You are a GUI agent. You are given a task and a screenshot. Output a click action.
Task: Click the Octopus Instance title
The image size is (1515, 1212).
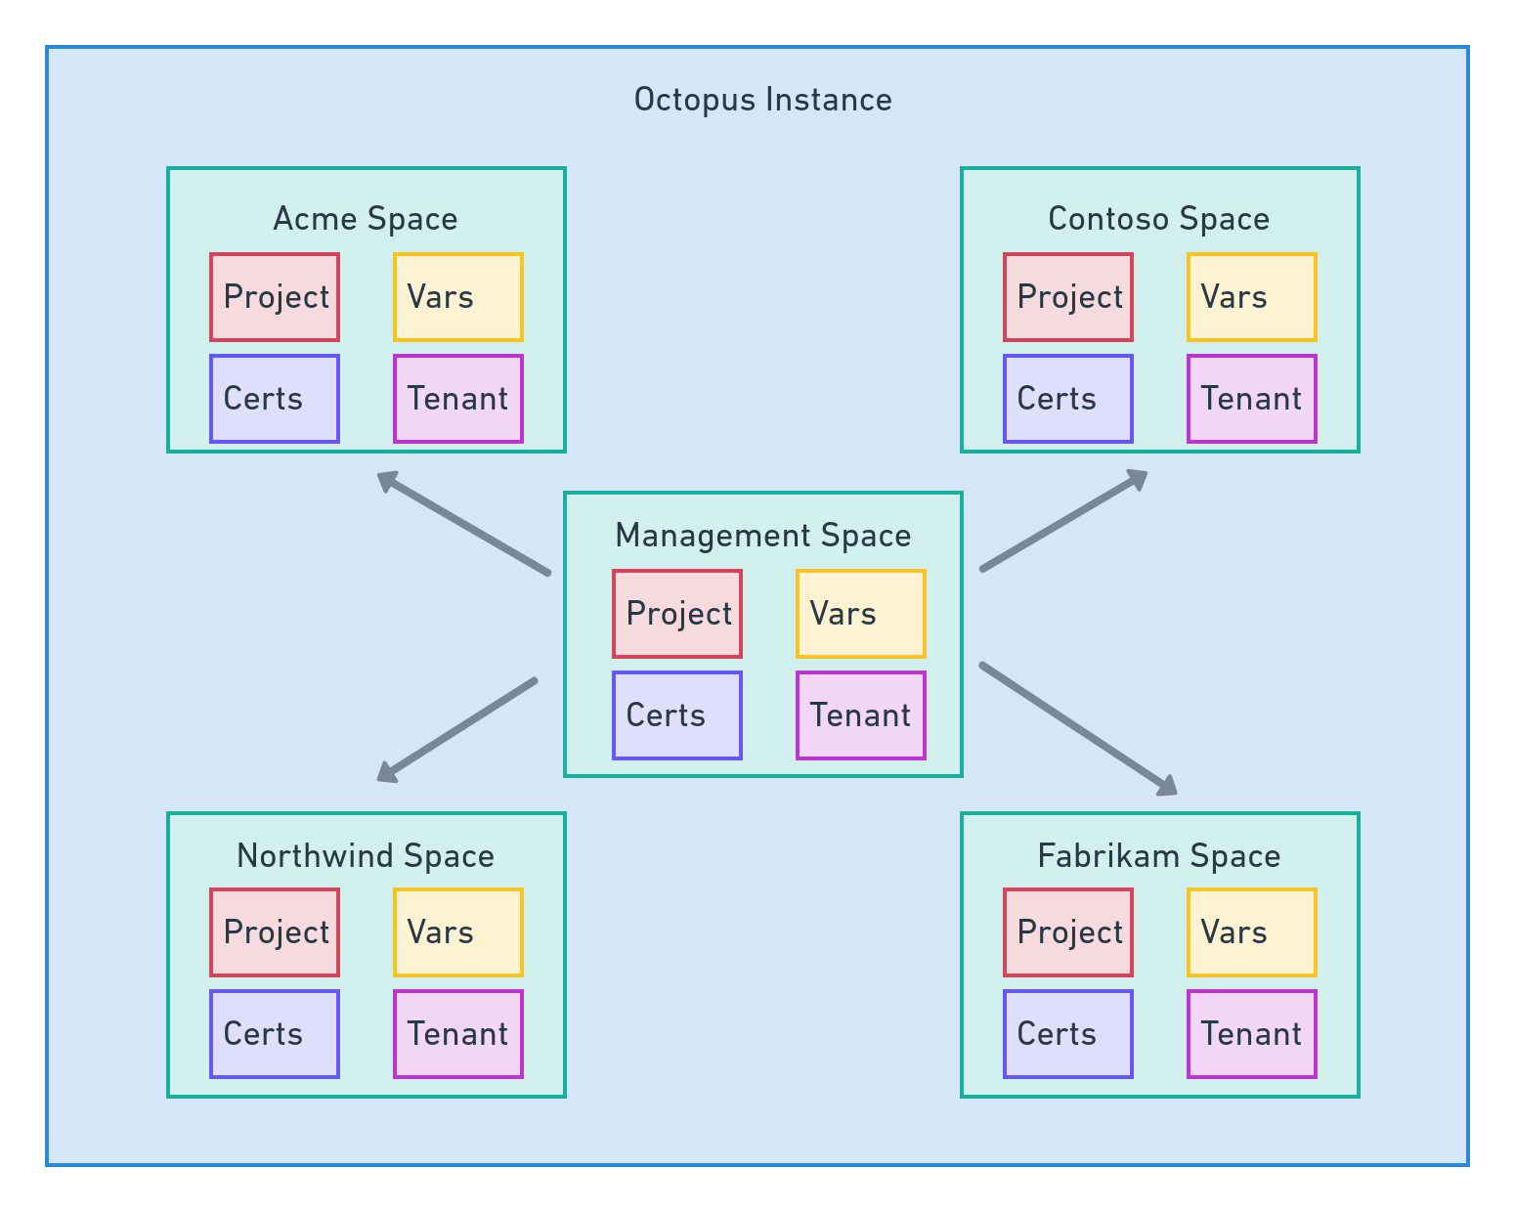pyautogui.click(x=762, y=100)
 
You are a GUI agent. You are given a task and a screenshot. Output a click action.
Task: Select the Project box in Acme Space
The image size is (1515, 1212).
pyautogui.click(x=275, y=297)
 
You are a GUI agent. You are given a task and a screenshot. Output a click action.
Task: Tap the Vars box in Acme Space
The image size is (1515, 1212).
pyautogui.click(x=458, y=297)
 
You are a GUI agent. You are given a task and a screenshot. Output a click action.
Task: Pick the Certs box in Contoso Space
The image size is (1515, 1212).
pyautogui.click(x=1068, y=399)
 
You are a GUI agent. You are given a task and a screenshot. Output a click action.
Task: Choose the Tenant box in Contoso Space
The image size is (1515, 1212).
pyautogui.click(x=1252, y=399)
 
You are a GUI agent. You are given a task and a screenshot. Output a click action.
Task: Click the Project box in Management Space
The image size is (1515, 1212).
pyautogui.click(x=677, y=614)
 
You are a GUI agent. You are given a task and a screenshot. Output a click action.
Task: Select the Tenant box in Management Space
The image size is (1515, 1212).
pyautogui.click(x=861, y=715)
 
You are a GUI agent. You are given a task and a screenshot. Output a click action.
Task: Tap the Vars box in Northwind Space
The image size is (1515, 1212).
pyautogui.click(x=458, y=932)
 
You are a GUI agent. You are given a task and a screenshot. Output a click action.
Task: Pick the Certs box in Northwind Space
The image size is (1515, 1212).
pyautogui.click(x=275, y=1034)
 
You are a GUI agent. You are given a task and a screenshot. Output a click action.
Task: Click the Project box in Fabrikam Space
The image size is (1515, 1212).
pyautogui.click(x=1068, y=932)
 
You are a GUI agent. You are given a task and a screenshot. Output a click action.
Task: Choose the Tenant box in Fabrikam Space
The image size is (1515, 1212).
pyautogui.click(x=1252, y=1034)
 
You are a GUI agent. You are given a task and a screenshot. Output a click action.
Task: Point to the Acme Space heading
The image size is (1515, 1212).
pyautogui.click(x=366, y=219)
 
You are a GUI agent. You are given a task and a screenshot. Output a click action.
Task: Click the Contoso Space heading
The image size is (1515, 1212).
pyautogui.click(x=1159, y=219)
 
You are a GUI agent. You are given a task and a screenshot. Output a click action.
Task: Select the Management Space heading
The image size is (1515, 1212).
pyautogui.click(x=763, y=536)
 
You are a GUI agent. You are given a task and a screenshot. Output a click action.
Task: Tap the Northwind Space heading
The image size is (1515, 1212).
pyautogui.click(x=366, y=856)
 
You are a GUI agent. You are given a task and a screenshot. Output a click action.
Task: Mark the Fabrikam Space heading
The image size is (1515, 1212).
pyautogui.click(x=1159, y=856)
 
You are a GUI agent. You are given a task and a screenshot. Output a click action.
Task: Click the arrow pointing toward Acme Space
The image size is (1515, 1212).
pyautogui.click(x=463, y=523)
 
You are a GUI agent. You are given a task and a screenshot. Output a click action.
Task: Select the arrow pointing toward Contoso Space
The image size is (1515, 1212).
pyautogui.click(x=1063, y=520)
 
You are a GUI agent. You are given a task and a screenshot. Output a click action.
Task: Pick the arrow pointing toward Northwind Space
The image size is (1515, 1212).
pyautogui.click(x=457, y=729)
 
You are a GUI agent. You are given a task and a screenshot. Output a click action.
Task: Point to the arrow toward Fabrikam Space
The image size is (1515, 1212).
pyautogui.click(x=1078, y=729)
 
